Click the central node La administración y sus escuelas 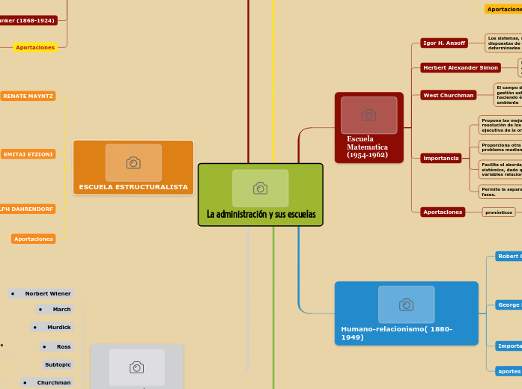pos(261,215)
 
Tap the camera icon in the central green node pos(261,188)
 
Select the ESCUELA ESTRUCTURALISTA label pos(133,187)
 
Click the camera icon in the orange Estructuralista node pos(133,162)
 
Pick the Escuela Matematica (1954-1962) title pos(367,147)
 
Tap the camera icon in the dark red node pos(368,114)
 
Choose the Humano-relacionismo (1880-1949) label pos(397,333)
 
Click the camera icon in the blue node pos(406,304)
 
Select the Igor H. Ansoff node pos(444,43)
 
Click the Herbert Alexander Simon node pos(461,67)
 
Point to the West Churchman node pos(449,95)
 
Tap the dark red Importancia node pos(441,159)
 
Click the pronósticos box pos(498,212)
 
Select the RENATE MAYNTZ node pos(28,96)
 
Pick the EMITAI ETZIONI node pos(28,154)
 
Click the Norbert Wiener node pos(41,293)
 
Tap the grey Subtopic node pos(58,365)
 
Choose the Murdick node pos(52,327)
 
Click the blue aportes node pos(509,371)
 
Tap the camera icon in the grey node pos(136,367)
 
